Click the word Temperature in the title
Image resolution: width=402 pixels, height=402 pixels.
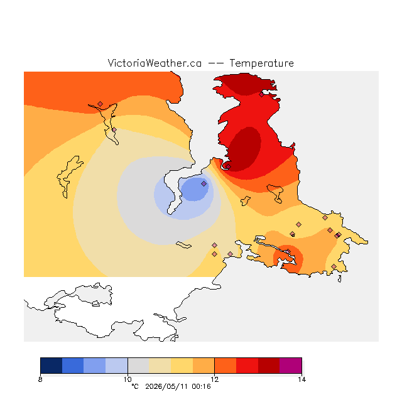(x=261, y=63)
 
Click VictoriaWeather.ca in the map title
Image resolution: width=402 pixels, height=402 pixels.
(x=155, y=63)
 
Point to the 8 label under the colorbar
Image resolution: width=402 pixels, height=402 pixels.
(x=40, y=379)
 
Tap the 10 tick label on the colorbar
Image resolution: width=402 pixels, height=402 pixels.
(x=128, y=379)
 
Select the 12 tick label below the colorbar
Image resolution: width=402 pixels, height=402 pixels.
(x=215, y=379)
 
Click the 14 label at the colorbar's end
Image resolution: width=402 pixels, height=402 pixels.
(x=301, y=379)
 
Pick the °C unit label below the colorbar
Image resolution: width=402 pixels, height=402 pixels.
(x=135, y=386)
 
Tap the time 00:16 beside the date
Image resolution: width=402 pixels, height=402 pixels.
(x=201, y=386)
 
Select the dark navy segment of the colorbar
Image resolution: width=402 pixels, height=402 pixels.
(x=52, y=366)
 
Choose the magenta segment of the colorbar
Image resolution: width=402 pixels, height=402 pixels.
(x=290, y=366)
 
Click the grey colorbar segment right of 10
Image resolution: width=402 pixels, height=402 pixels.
(x=138, y=366)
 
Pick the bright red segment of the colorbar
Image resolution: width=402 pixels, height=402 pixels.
(x=247, y=366)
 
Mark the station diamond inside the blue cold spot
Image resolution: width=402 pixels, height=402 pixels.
(x=204, y=183)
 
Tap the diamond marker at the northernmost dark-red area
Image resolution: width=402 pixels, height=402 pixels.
(x=261, y=95)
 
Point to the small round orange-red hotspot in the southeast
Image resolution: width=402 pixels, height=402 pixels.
(x=288, y=258)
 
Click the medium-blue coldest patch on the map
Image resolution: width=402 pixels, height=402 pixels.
(x=194, y=189)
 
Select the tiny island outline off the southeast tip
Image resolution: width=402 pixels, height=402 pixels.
(x=340, y=279)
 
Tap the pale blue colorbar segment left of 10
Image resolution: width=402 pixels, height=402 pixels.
(x=117, y=366)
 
